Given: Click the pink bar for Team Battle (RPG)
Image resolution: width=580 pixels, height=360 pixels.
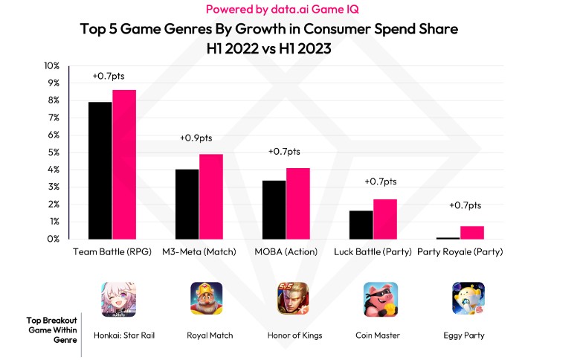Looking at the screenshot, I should click(124, 164).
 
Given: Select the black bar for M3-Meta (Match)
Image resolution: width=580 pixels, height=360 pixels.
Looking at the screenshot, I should click(187, 204).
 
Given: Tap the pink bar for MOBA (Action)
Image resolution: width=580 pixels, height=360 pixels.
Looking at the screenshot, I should click(298, 203).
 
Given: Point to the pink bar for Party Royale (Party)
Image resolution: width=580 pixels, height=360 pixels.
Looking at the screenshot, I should click(472, 232).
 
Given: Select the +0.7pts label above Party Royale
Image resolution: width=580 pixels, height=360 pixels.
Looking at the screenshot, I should click(465, 205).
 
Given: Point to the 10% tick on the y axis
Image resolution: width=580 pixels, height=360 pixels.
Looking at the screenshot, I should click(51, 66).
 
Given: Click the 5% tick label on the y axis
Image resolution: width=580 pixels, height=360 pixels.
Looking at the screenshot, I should click(53, 152).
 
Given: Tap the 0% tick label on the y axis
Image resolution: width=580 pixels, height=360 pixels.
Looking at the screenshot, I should click(53, 239).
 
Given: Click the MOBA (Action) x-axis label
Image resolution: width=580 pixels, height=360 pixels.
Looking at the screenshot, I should click(287, 252).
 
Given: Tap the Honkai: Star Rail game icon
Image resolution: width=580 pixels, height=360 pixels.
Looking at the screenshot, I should click(118, 299).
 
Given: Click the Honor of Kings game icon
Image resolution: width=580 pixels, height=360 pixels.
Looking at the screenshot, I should click(294, 299).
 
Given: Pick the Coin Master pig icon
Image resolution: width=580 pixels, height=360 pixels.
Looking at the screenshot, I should click(381, 299).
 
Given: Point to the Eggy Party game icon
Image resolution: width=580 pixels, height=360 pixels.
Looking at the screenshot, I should click(468, 299).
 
